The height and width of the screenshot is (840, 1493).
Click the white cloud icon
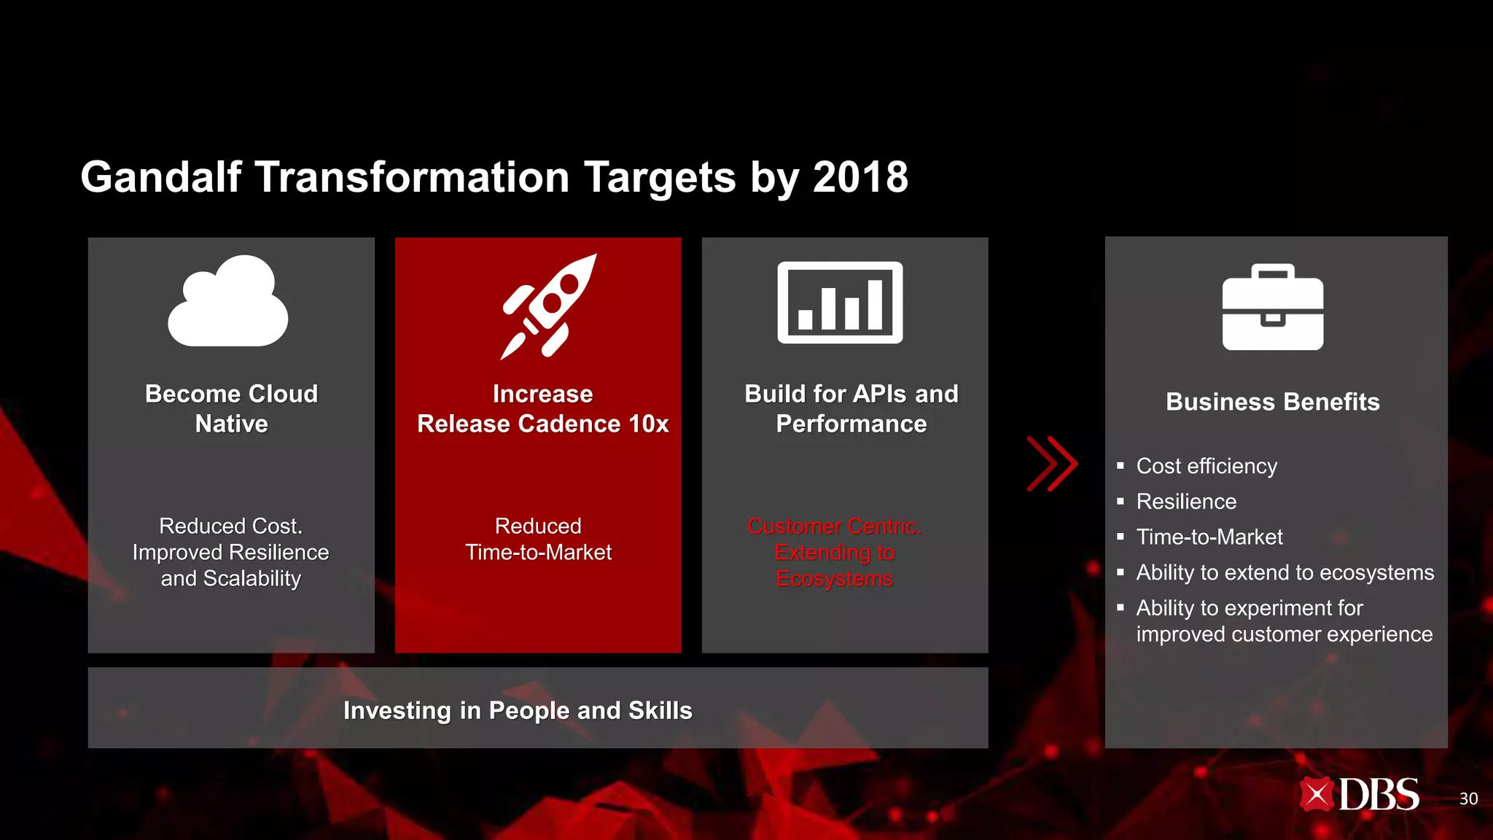pyautogui.click(x=228, y=303)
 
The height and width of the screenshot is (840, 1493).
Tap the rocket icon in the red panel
pyautogui.click(x=548, y=306)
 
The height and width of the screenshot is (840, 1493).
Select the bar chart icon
pyautogui.click(x=840, y=303)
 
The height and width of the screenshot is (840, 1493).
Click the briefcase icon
pyautogui.click(x=1273, y=308)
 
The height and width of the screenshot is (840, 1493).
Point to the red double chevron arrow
pyautogui.click(x=1051, y=464)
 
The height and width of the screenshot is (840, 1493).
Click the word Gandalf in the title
pyautogui.click(x=161, y=177)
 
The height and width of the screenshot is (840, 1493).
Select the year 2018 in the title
pyautogui.click(x=860, y=177)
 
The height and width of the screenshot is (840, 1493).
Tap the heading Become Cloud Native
pyautogui.click(x=231, y=408)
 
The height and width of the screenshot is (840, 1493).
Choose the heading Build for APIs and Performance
pyautogui.click(x=851, y=408)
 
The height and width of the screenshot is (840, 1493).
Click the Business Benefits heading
pyautogui.click(x=1272, y=402)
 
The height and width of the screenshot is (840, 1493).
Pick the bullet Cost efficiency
pyautogui.click(x=1206, y=466)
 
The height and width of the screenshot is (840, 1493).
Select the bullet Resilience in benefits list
pyautogui.click(x=1186, y=502)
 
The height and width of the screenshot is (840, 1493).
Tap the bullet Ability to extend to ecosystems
pyautogui.click(x=1285, y=572)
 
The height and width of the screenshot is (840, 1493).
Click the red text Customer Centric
pyautogui.click(x=834, y=526)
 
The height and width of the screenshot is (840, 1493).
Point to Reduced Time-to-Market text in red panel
pyautogui.click(x=538, y=539)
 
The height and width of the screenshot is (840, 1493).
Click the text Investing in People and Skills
pyautogui.click(x=518, y=710)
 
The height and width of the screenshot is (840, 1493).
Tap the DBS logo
pyautogui.click(x=1359, y=795)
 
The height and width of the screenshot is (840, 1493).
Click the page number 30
pyautogui.click(x=1468, y=799)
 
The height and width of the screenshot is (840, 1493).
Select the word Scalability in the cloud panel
pyautogui.click(x=252, y=578)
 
